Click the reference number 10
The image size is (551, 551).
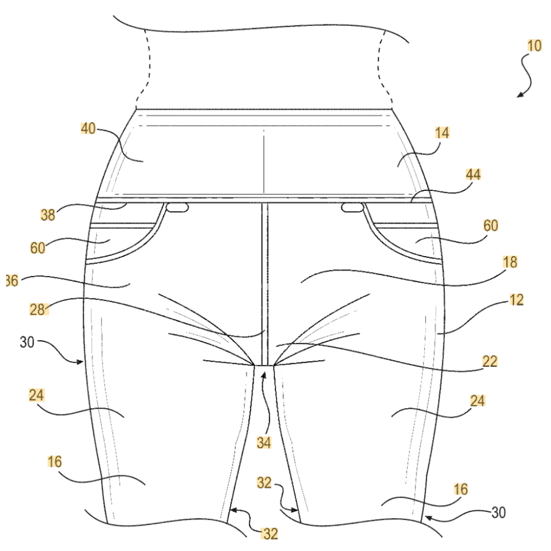click(x=534, y=46)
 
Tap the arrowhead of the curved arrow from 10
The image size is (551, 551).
click(x=518, y=95)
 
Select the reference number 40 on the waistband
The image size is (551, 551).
click(x=88, y=129)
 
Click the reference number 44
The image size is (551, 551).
click(x=473, y=174)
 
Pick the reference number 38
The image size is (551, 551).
click(x=49, y=215)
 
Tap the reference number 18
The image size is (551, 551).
click(x=510, y=262)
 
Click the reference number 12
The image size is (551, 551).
click(x=516, y=299)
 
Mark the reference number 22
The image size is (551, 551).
click(x=489, y=361)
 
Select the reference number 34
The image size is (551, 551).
click(x=264, y=442)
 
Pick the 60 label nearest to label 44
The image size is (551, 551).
click(x=491, y=225)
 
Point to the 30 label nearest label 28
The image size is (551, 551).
click(x=27, y=342)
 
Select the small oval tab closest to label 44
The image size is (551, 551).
click(x=352, y=207)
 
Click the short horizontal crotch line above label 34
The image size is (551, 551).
click(x=264, y=365)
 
